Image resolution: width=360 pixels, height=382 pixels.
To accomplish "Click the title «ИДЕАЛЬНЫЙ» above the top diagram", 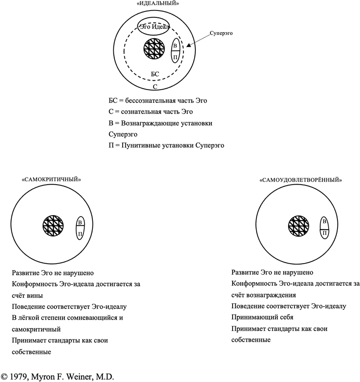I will tap(155, 3).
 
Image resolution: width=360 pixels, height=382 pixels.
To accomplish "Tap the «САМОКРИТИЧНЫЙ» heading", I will tap(51, 179).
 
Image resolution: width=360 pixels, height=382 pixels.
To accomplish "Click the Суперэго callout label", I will tap(222, 32).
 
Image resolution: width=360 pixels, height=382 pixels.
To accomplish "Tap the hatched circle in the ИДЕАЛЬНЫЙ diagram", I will tap(153, 49).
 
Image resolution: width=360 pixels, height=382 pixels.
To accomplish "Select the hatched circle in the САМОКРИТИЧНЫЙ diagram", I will tap(53, 225).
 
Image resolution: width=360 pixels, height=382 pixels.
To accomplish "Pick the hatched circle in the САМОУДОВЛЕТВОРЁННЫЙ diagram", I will tap(299, 225).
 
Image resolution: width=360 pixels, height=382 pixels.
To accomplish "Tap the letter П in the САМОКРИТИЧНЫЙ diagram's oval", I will tap(79, 233).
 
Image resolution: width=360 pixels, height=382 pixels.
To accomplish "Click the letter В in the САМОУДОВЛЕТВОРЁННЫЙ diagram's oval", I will tap(324, 221).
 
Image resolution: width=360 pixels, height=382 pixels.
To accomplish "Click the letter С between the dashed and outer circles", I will tap(155, 87).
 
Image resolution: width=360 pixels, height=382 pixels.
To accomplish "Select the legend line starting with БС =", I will tap(158, 101).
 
